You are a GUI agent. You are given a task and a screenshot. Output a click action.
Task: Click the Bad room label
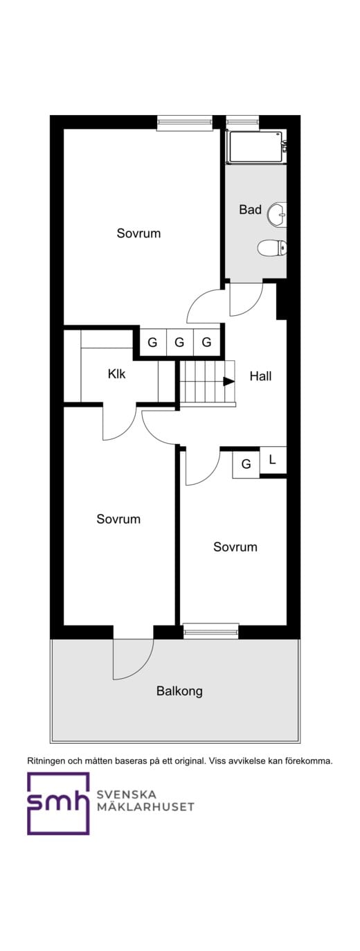(250, 209)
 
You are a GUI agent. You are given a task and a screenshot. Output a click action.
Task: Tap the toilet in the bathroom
(271, 247)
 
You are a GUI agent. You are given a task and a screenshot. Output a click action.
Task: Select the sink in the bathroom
(278, 214)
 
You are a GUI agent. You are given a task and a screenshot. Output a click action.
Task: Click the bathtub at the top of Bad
(255, 147)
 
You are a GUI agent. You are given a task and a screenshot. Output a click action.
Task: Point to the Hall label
(260, 377)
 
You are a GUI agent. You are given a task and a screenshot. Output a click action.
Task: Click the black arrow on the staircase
(228, 380)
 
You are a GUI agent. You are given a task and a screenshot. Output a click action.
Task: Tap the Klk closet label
(117, 374)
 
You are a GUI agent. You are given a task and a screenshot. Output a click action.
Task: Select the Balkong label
(179, 691)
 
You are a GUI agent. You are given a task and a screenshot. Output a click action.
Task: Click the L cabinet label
(272, 459)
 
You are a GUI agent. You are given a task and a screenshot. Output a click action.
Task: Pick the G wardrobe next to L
(246, 464)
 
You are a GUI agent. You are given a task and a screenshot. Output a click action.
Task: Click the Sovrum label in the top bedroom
(138, 233)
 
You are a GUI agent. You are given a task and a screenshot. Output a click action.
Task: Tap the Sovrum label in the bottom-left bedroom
(118, 519)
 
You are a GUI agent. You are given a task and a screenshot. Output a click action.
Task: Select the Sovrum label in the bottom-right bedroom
(235, 546)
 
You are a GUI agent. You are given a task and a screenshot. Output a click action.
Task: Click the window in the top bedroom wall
(183, 123)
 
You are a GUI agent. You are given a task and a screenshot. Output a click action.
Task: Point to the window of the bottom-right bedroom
(210, 630)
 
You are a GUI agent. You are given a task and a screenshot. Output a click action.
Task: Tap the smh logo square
(58, 803)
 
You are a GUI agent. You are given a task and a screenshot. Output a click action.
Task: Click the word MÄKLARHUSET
(145, 807)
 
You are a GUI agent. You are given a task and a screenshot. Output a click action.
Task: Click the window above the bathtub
(242, 123)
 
